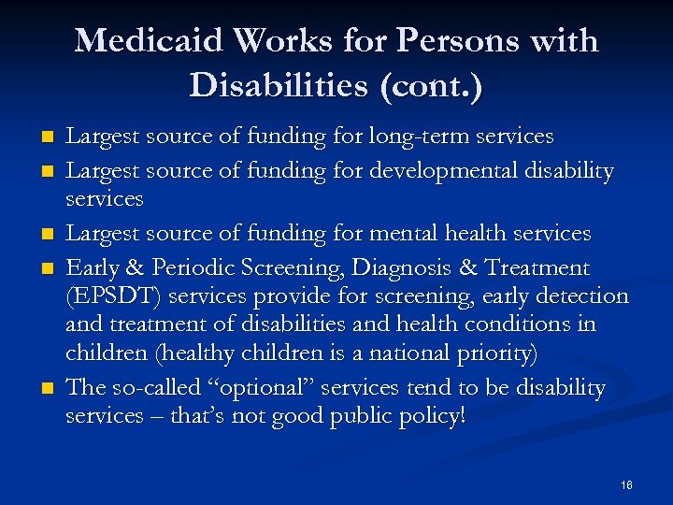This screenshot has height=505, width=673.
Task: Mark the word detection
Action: [584, 296]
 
